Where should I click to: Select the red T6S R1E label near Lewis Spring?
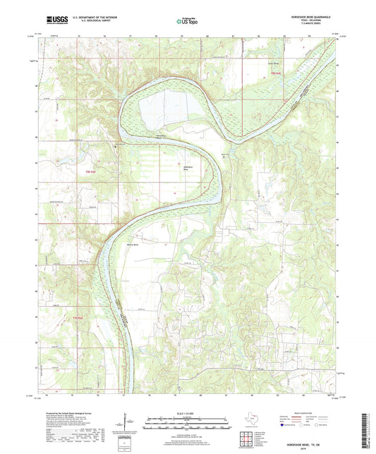tap(274, 72)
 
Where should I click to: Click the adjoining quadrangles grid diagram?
tap(248, 441)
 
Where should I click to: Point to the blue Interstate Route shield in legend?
tap(283, 425)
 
